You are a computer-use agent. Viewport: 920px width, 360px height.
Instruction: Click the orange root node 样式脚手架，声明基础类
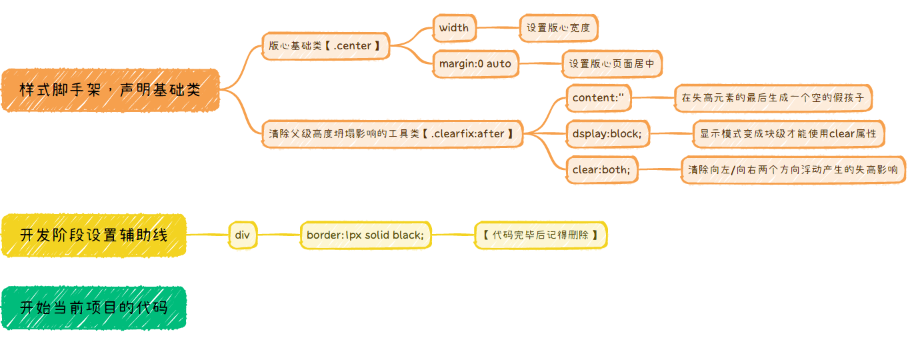110,89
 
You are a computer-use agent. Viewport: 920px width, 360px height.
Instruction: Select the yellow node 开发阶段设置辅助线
93,235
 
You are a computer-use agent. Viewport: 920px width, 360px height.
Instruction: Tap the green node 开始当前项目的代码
93,307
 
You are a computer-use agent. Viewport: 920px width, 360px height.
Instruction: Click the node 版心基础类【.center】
325,46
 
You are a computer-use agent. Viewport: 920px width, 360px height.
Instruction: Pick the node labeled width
454,28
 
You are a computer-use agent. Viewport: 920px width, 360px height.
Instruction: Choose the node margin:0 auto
475,64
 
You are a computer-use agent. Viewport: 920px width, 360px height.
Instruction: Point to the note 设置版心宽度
558,28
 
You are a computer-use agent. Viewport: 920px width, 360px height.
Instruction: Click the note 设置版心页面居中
611,64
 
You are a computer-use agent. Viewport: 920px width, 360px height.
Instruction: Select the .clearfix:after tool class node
391,134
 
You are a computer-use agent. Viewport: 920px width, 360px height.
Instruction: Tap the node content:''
598,98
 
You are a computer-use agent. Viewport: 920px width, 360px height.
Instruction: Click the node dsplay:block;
607,134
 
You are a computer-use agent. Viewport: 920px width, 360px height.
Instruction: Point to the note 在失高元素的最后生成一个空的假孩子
773,98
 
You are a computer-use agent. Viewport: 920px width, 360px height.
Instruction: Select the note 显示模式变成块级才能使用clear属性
788,134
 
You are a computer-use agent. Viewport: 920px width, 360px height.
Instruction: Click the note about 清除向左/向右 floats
793,170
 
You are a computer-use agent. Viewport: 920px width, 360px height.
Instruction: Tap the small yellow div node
242,235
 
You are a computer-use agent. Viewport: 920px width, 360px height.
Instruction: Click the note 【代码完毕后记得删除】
540,235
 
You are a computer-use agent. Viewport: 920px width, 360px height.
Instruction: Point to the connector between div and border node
278,235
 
